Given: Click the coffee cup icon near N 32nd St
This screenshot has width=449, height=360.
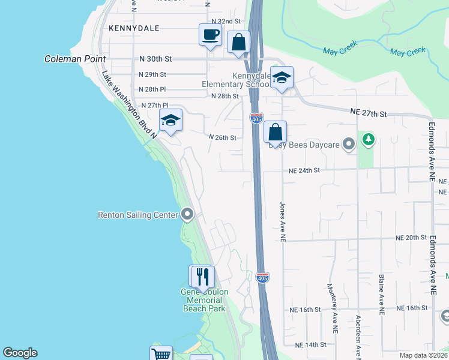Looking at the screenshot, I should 209,35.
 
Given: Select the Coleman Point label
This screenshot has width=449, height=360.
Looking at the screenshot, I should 75,59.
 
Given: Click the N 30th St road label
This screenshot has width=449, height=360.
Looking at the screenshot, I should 155,59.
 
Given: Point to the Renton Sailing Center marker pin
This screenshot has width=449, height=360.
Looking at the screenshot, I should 187,214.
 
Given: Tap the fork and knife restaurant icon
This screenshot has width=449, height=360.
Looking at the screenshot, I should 202,276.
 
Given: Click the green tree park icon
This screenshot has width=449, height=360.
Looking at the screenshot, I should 368,140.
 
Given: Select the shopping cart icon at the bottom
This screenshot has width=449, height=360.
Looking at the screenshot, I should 161,355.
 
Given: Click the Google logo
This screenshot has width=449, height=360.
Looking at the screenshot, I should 20,353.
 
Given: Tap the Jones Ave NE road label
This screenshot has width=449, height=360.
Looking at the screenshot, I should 282,221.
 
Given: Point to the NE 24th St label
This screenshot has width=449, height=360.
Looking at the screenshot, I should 304,170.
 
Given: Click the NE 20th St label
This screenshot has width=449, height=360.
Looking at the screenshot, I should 411,238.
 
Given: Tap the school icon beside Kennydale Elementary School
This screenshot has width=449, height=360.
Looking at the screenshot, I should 282,77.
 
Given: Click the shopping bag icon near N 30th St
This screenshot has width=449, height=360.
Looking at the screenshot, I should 238,43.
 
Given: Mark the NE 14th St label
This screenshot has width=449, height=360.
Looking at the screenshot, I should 310,345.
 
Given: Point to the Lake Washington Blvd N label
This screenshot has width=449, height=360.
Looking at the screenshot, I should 129,105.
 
